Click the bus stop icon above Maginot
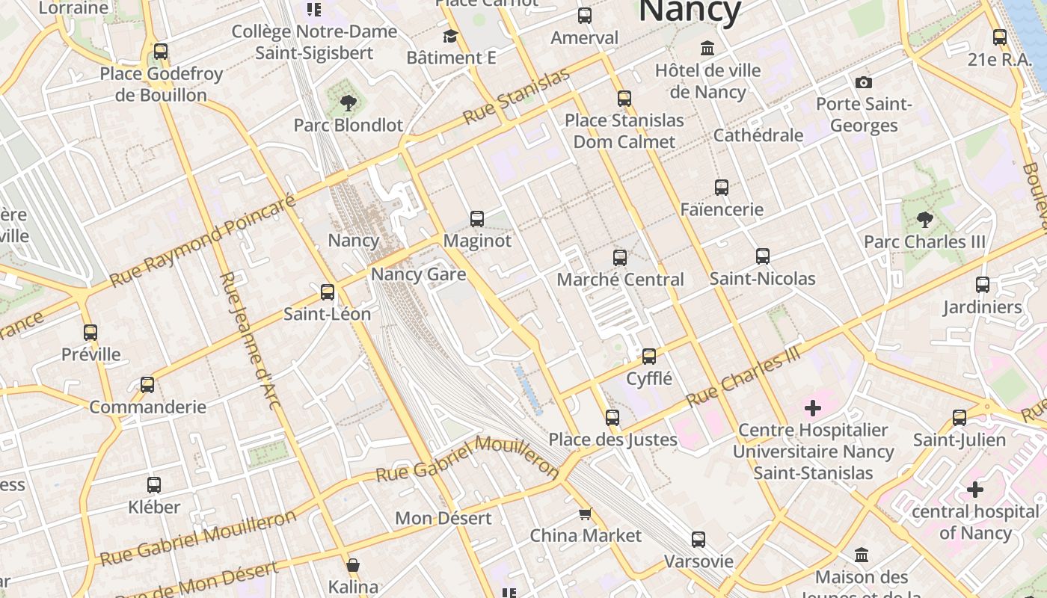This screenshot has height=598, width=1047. click(x=477, y=219)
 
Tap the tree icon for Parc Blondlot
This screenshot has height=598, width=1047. click(x=348, y=103)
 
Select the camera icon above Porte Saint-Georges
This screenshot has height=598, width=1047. click(x=864, y=82)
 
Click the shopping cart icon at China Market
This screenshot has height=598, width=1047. click(x=586, y=514)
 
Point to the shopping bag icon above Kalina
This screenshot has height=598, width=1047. click(x=353, y=565)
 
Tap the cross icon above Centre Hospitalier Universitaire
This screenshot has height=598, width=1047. click(x=813, y=408)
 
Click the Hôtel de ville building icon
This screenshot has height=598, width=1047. click(x=707, y=49)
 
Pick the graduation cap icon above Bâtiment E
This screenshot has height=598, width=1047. click(x=450, y=36)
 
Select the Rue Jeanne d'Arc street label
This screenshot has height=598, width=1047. click(x=251, y=340)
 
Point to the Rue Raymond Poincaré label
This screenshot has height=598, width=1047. click(x=203, y=241)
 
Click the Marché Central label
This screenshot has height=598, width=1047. click(x=620, y=280)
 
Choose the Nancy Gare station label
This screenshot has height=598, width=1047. click(x=418, y=274)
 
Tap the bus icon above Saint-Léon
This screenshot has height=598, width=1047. click(x=328, y=292)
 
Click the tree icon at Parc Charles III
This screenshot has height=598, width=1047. click(x=924, y=220)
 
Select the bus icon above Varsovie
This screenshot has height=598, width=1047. click(x=698, y=540)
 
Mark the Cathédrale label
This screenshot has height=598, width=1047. click(x=758, y=135)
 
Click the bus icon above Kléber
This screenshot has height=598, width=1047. click(x=154, y=485)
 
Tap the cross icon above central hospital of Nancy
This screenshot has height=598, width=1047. click(x=975, y=490)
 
